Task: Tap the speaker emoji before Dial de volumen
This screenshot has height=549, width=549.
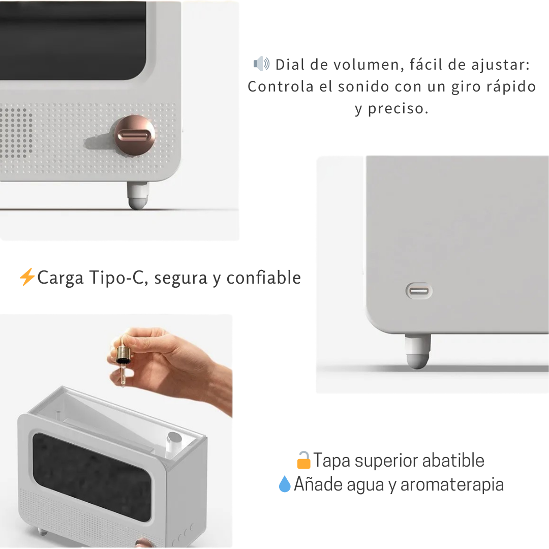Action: pos(261,64)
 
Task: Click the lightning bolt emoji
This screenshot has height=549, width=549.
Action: pos(26,278)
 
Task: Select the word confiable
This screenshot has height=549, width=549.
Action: pos(263,278)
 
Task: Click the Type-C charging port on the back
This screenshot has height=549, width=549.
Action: pos(419,291)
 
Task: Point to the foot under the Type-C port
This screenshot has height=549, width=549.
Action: pos(418,352)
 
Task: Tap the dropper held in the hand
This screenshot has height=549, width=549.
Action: pos(122,363)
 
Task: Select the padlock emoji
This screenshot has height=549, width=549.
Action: pos(303,460)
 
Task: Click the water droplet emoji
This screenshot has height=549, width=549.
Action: pos(284,484)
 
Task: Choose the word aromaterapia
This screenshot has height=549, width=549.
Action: pos(452,484)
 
